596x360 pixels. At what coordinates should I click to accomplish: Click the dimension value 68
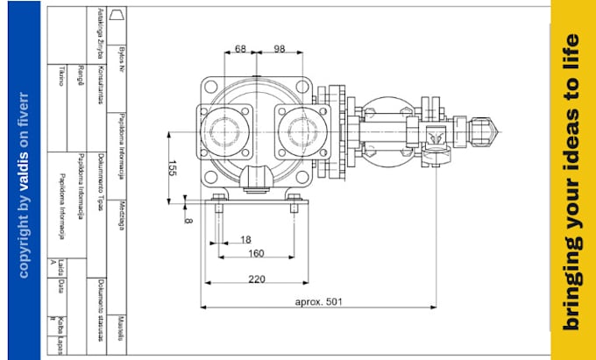click(x=240, y=49)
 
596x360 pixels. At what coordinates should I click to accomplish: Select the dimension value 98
click(x=279, y=49)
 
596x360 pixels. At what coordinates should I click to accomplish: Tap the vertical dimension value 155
click(x=172, y=168)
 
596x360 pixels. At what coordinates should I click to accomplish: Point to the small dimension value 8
click(x=187, y=220)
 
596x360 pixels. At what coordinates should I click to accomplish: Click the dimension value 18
click(x=245, y=239)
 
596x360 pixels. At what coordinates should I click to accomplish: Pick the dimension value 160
click(x=256, y=254)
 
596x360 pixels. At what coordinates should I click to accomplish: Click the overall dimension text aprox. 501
click(x=317, y=302)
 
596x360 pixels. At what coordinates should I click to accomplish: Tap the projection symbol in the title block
click(x=121, y=15)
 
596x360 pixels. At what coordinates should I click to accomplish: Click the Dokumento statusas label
click(x=102, y=302)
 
